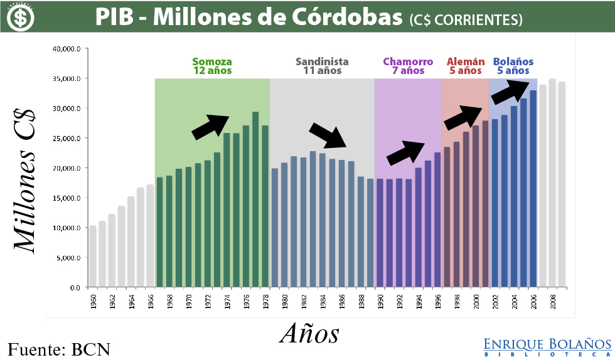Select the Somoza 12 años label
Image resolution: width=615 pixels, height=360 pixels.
tap(212, 66)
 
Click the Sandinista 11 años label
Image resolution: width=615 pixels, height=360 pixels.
tap(322, 66)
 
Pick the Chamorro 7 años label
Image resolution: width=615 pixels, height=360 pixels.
tap(408, 66)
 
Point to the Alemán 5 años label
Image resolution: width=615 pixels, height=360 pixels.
tap(466, 66)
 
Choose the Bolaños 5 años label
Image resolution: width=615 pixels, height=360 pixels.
tap(513, 66)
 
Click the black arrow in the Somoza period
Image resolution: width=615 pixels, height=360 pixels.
tap(211, 127)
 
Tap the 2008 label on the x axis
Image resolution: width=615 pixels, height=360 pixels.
tap(552, 301)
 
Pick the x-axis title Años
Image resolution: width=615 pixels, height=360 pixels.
tap(309, 333)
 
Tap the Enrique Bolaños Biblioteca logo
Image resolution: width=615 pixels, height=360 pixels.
tap(547, 347)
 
